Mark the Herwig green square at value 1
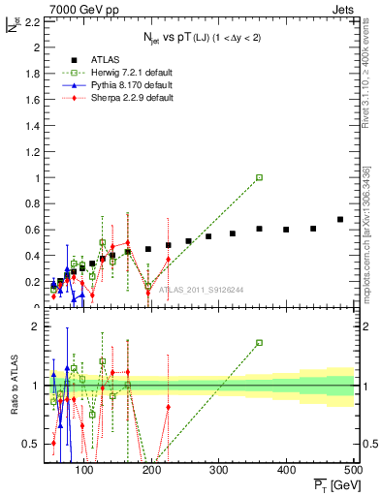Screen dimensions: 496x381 pyautogui.click(x=259, y=177)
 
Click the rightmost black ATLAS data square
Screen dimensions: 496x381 pyautogui.click(x=340, y=219)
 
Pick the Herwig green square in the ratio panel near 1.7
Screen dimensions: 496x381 pyautogui.click(x=259, y=343)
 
